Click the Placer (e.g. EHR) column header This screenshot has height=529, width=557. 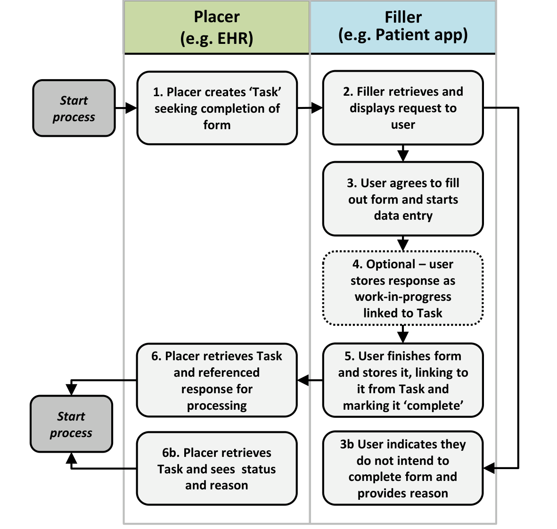pos(216,27)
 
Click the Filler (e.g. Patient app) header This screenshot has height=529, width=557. pos(403,27)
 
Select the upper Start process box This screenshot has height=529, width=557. pos(74,108)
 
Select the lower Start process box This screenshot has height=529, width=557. pos(71,424)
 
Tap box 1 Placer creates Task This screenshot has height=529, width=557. pos(217,108)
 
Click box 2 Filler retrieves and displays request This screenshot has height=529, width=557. pos(403,108)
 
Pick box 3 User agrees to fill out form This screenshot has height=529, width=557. pos(403,199)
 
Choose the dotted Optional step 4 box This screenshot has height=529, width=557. pos(403,288)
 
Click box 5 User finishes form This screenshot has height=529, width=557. pos(403,380)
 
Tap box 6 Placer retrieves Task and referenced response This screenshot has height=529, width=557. pos(217,380)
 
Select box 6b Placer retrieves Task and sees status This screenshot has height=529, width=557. pos(217,469)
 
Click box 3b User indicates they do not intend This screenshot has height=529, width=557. pos(403,468)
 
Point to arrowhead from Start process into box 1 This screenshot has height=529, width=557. pos(131,108)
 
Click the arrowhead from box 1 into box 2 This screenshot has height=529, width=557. pos(317,108)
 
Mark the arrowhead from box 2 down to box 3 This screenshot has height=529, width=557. pos(403,156)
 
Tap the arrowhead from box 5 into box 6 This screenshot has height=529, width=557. pos(303,380)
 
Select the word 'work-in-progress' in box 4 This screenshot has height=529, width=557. pos(403,297)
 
